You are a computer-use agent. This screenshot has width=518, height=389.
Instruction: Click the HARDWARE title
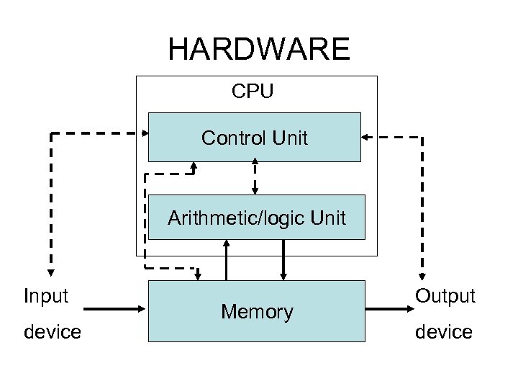pos(259,50)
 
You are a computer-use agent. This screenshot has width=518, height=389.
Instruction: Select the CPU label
pos(253,91)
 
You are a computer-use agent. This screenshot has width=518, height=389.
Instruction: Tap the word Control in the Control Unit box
pos(232,138)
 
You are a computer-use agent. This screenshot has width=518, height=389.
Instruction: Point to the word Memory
pos(257,312)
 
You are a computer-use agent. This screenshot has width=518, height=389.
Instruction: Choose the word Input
pos(46,296)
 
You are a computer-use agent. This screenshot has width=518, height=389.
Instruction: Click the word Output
pos(445,296)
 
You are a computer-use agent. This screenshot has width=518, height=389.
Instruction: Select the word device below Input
pos(53,332)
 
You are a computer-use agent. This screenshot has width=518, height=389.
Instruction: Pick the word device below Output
pos(443,332)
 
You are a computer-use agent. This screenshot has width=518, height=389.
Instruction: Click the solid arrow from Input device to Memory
pos(115,310)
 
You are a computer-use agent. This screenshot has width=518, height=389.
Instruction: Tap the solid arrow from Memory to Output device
pos(392,310)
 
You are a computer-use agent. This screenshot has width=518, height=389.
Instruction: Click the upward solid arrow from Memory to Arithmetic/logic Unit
pos(227,259)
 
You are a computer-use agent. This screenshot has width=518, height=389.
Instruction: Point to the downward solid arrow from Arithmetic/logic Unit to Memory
pos(284,259)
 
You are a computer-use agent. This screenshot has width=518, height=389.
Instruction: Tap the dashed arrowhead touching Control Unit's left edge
pos(143,133)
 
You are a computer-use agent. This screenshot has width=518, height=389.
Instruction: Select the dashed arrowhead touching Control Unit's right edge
pos(365,137)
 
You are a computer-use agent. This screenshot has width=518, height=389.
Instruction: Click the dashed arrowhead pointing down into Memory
pos(198,274)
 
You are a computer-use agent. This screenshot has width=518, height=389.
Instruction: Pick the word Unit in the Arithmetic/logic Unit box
pos(328,218)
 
